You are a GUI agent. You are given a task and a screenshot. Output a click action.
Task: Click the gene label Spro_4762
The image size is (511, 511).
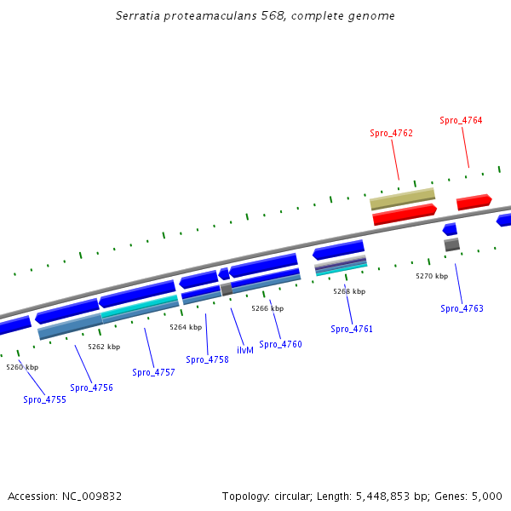click(391, 133)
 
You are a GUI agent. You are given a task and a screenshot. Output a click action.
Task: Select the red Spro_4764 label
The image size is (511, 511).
click(461, 120)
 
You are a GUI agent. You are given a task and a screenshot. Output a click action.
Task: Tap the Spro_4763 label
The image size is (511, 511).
click(462, 308)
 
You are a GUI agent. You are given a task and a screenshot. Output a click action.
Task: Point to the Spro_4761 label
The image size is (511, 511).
click(352, 329)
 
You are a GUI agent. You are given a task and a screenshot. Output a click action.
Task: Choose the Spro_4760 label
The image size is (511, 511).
click(280, 344)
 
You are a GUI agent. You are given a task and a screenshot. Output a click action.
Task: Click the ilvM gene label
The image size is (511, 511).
click(244, 350)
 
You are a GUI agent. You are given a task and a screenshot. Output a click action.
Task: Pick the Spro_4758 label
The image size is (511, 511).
click(207, 359)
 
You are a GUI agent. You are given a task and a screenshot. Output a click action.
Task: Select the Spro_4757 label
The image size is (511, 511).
click(153, 372)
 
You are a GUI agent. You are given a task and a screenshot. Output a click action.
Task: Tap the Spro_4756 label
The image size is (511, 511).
click(91, 388)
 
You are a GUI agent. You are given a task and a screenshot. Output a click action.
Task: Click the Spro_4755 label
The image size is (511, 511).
click(44, 399)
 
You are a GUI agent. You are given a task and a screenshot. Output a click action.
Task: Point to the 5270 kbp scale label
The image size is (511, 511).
click(432, 276)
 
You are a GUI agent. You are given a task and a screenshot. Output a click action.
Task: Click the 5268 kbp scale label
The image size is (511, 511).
click(349, 291)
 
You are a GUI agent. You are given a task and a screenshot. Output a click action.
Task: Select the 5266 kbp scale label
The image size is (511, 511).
click(267, 308)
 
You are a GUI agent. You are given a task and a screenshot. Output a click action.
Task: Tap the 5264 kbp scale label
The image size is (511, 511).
click(186, 327)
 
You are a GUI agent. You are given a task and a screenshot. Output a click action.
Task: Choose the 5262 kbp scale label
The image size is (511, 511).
click(104, 347)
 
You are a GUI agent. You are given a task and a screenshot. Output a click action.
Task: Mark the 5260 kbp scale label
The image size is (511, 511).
click(22, 367)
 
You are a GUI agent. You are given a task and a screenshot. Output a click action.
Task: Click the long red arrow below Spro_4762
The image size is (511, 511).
click(405, 215)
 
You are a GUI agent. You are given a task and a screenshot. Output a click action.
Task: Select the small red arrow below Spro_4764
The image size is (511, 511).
click(474, 203)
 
